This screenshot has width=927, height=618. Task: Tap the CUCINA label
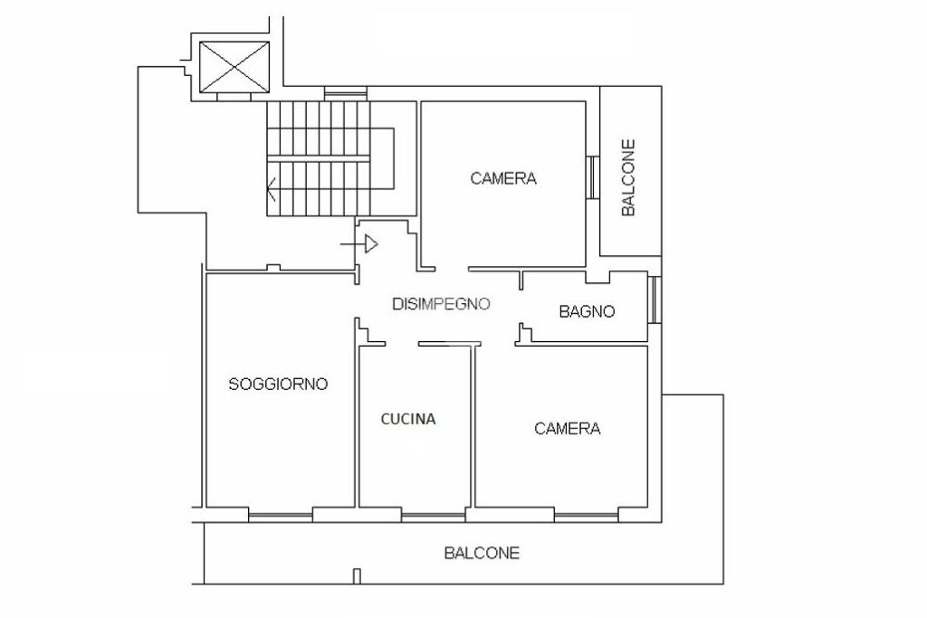[x=408, y=419]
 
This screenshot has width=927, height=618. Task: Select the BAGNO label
[x=587, y=311]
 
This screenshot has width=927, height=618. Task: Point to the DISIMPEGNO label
[x=441, y=304]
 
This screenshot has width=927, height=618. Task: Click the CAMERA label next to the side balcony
[x=503, y=178]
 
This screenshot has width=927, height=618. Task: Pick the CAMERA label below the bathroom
[x=568, y=428]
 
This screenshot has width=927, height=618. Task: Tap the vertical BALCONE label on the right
[x=628, y=177]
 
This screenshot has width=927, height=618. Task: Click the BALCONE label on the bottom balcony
[x=482, y=553]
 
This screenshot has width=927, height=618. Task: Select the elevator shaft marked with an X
[x=234, y=67]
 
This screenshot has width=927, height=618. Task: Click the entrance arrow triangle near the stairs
[x=371, y=243]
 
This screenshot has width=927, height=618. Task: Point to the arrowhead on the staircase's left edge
[x=272, y=189]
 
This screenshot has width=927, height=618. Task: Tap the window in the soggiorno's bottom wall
[x=281, y=516]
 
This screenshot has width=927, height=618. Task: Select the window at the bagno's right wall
[x=654, y=299]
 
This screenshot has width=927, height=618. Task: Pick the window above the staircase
[x=345, y=93]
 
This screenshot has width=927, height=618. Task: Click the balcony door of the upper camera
[x=593, y=176]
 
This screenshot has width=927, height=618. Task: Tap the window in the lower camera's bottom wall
[x=587, y=516]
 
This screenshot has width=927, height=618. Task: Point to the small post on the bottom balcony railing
[x=357, y=576]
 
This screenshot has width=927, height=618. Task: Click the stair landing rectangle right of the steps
[x=382, y=158]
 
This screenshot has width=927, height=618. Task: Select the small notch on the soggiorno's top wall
[x=273, y=268]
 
